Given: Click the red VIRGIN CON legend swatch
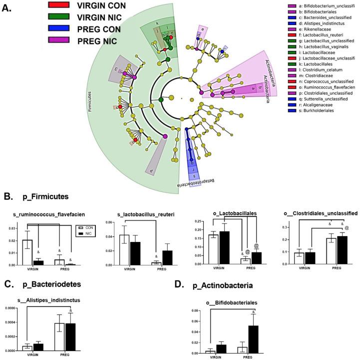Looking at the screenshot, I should tap(59, 5).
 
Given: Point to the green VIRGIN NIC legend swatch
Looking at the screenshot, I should tap(59, 17).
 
